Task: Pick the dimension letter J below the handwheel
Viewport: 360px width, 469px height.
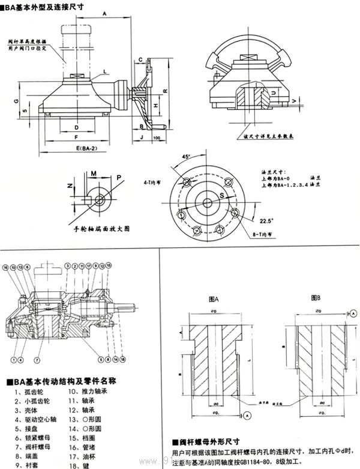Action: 140,138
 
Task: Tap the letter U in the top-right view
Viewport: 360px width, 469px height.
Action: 273,93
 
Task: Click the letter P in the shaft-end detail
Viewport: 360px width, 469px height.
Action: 119,178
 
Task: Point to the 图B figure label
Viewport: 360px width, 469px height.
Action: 315,298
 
